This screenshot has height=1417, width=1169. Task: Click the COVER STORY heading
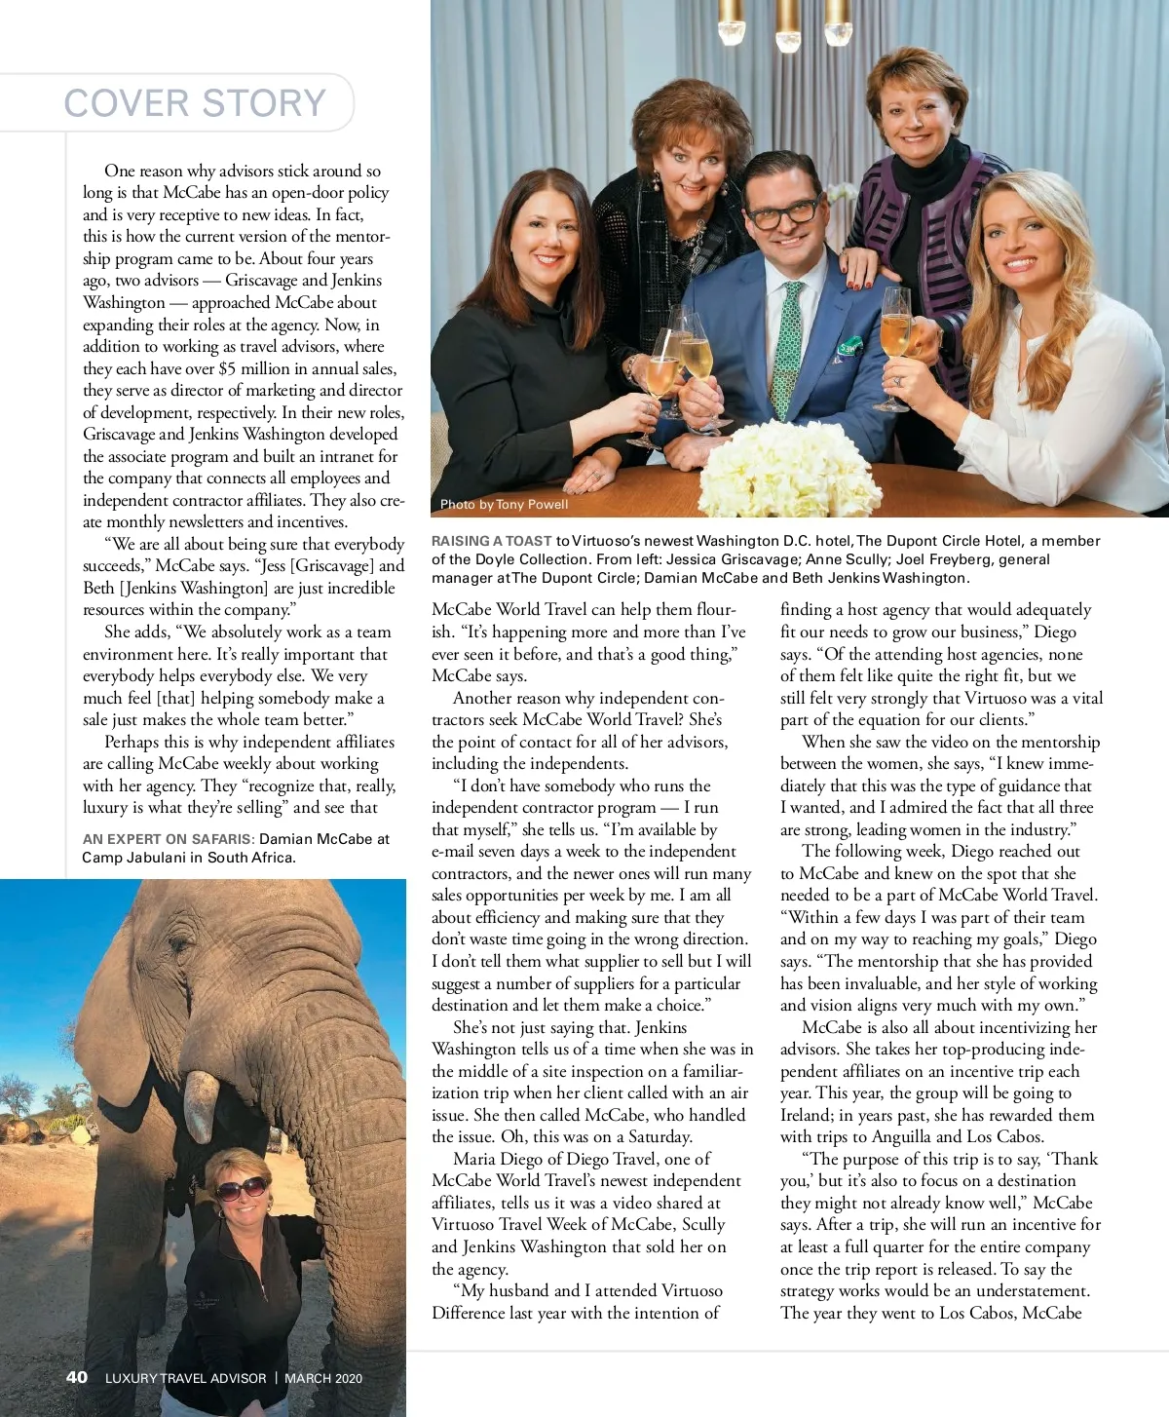[195, 102]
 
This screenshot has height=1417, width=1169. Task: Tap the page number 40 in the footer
[77, 1377]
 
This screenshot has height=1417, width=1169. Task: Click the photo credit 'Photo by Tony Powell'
[504, 504]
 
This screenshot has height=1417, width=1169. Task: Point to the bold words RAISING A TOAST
[492, 541]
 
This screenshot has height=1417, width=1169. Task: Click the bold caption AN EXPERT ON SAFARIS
[169, 838]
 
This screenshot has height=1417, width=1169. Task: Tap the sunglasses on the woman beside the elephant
[241, 1188]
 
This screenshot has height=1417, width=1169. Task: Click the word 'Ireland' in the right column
[806, 1115]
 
